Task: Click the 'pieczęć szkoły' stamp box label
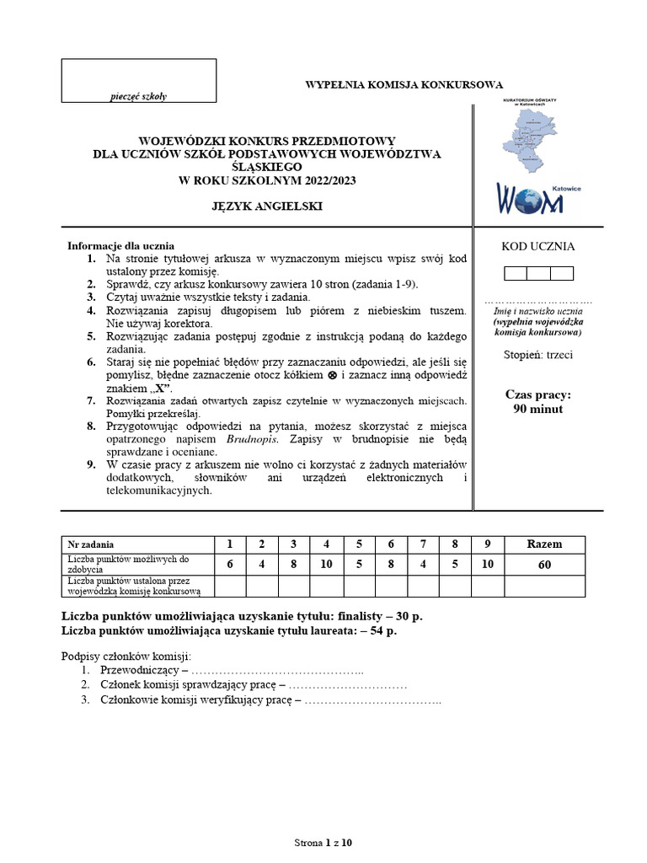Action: [x=139, y=96]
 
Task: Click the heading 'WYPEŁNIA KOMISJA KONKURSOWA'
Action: [x=404, y=84]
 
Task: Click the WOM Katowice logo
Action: [x=537, y=196]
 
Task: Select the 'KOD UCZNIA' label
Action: [x=538, y=247]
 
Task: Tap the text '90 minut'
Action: [x=537, y=410]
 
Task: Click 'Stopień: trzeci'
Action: [x=537, y=355]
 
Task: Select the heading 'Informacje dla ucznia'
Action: [x=120, y=246]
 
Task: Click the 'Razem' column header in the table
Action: [x=544, y=544]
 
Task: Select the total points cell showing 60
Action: [x=544, y=565]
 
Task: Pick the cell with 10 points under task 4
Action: [x=326, y=565]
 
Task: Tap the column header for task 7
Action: [x=423, y=544]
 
